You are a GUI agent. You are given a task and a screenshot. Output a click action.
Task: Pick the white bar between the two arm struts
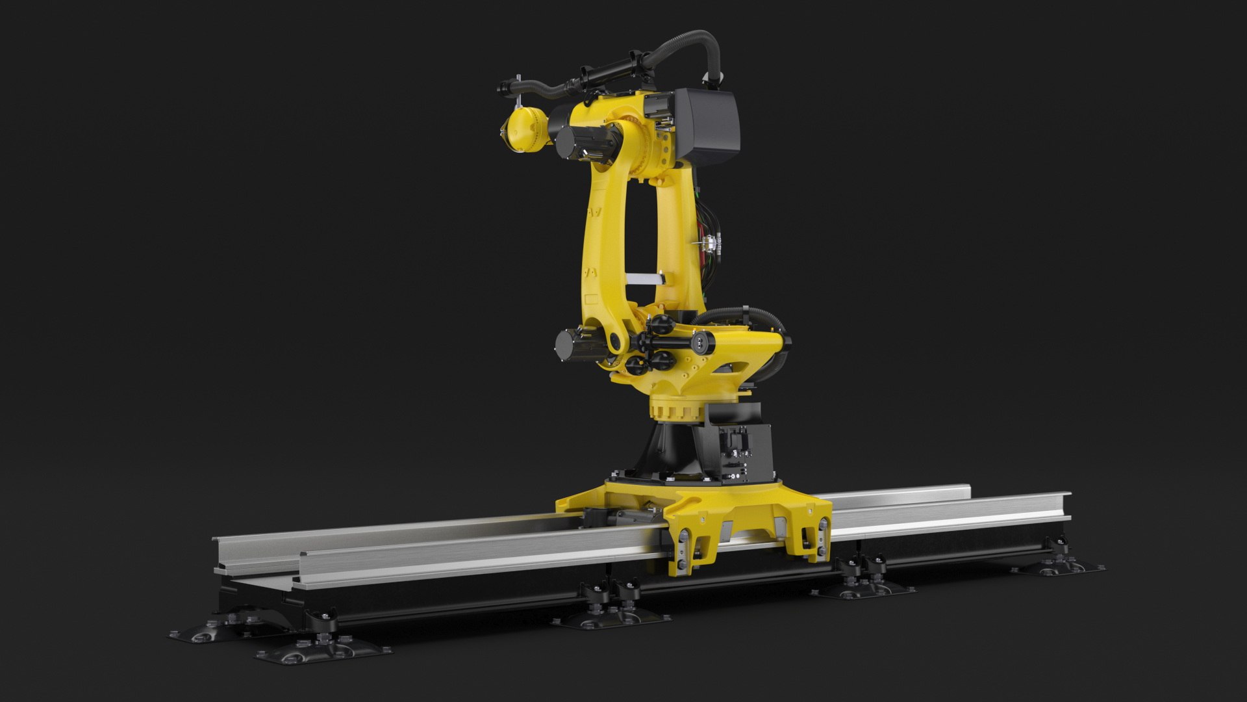click(643, 278)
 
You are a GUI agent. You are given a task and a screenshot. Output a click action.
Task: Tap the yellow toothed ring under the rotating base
click(675, 410)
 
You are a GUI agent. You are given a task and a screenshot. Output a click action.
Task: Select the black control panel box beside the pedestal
click(740, 455)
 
